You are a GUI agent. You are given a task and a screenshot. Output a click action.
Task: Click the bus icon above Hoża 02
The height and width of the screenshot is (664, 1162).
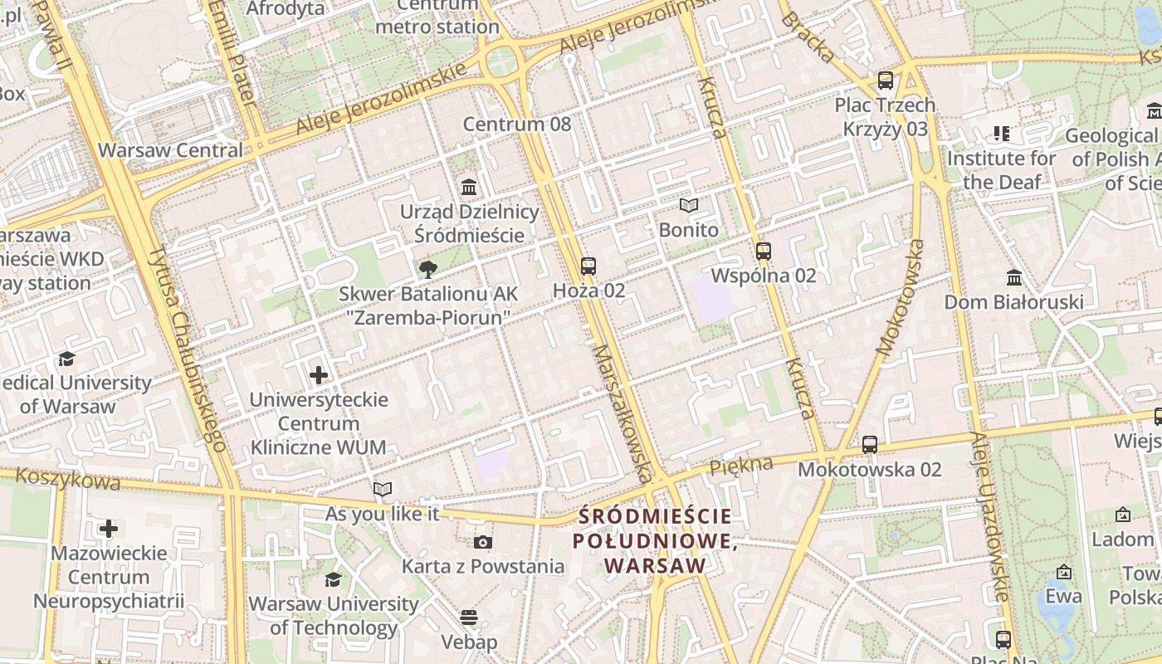click(588, 266)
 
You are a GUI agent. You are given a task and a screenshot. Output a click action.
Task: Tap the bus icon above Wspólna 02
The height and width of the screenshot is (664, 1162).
click(764, 251)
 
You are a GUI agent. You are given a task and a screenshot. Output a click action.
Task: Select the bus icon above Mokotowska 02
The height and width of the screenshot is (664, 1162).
click(869, 445)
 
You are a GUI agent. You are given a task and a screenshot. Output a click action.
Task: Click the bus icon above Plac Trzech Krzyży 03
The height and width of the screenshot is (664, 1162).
click(886, 81)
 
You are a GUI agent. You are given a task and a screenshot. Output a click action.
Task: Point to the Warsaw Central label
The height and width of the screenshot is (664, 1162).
click(171, 150)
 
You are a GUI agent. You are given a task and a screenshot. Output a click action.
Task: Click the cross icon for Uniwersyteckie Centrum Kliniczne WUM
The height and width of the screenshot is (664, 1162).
click(319, 375)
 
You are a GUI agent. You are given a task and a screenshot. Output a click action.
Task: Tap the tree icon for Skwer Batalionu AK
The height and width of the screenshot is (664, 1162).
click(428, 269)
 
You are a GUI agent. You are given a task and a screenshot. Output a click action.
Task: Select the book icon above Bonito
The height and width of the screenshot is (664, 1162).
click(688, 205)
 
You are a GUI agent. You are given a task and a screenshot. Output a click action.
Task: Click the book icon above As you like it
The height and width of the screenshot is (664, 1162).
click(382, 490)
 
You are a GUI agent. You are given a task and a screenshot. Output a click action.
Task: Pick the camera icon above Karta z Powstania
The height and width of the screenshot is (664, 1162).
click(482, 542)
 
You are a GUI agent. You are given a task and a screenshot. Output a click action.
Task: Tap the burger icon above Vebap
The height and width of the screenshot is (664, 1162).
click(469, 618)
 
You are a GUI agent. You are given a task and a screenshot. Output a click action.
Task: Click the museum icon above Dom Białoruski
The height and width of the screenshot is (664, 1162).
click(1013, 276)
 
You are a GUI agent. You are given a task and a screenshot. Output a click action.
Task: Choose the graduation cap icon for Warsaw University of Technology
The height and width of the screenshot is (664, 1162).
click(333, 579)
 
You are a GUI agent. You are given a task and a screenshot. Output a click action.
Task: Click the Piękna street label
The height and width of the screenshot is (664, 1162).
click(741, 466)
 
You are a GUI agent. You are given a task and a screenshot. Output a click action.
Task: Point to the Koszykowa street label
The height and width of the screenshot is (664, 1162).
click(68, 479)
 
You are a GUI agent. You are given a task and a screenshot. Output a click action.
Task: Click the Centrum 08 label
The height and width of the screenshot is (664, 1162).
click(517, 124)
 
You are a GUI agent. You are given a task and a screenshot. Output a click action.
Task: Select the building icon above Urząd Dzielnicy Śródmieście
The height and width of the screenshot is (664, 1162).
click(469, 187)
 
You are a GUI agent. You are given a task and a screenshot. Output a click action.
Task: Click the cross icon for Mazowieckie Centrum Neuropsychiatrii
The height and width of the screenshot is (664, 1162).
click(109, 528)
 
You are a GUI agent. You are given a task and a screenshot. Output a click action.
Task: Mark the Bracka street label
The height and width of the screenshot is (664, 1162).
click(808, 37)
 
